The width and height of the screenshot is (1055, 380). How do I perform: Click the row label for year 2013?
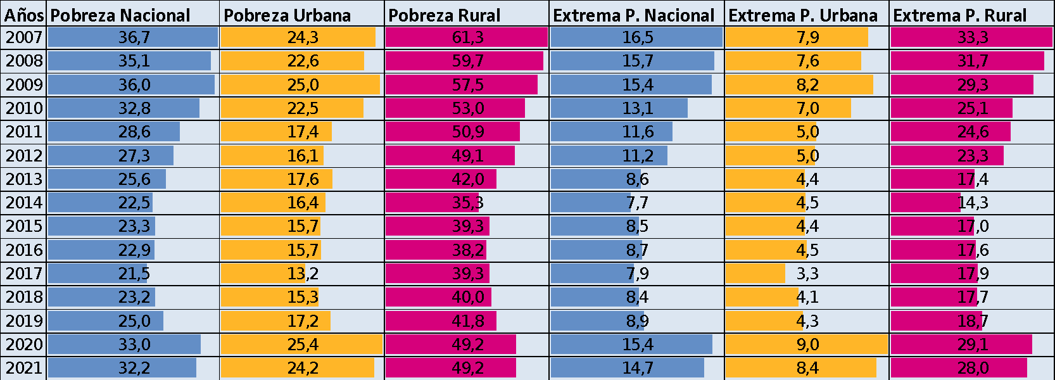24,179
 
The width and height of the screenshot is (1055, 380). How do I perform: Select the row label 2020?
24,345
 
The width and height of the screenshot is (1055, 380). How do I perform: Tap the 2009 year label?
24,85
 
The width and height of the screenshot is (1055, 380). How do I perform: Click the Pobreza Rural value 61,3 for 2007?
467,37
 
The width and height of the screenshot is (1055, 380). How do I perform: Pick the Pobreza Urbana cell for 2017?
303,274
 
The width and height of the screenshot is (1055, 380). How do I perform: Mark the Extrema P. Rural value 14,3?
973,203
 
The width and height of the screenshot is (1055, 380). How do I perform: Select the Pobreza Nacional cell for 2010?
134,108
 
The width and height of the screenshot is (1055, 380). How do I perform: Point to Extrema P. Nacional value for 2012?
637,156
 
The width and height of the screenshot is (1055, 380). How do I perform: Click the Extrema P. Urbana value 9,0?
807,345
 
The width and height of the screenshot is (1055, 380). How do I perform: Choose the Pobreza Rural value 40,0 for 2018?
467,297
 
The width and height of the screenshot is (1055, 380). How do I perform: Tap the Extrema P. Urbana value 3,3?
807,274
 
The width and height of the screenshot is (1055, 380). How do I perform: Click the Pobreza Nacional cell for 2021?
134,368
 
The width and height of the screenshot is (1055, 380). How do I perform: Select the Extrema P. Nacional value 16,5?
637,37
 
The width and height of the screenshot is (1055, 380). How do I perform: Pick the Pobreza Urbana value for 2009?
303,85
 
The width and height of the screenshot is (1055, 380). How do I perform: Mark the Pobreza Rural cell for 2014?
467,203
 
